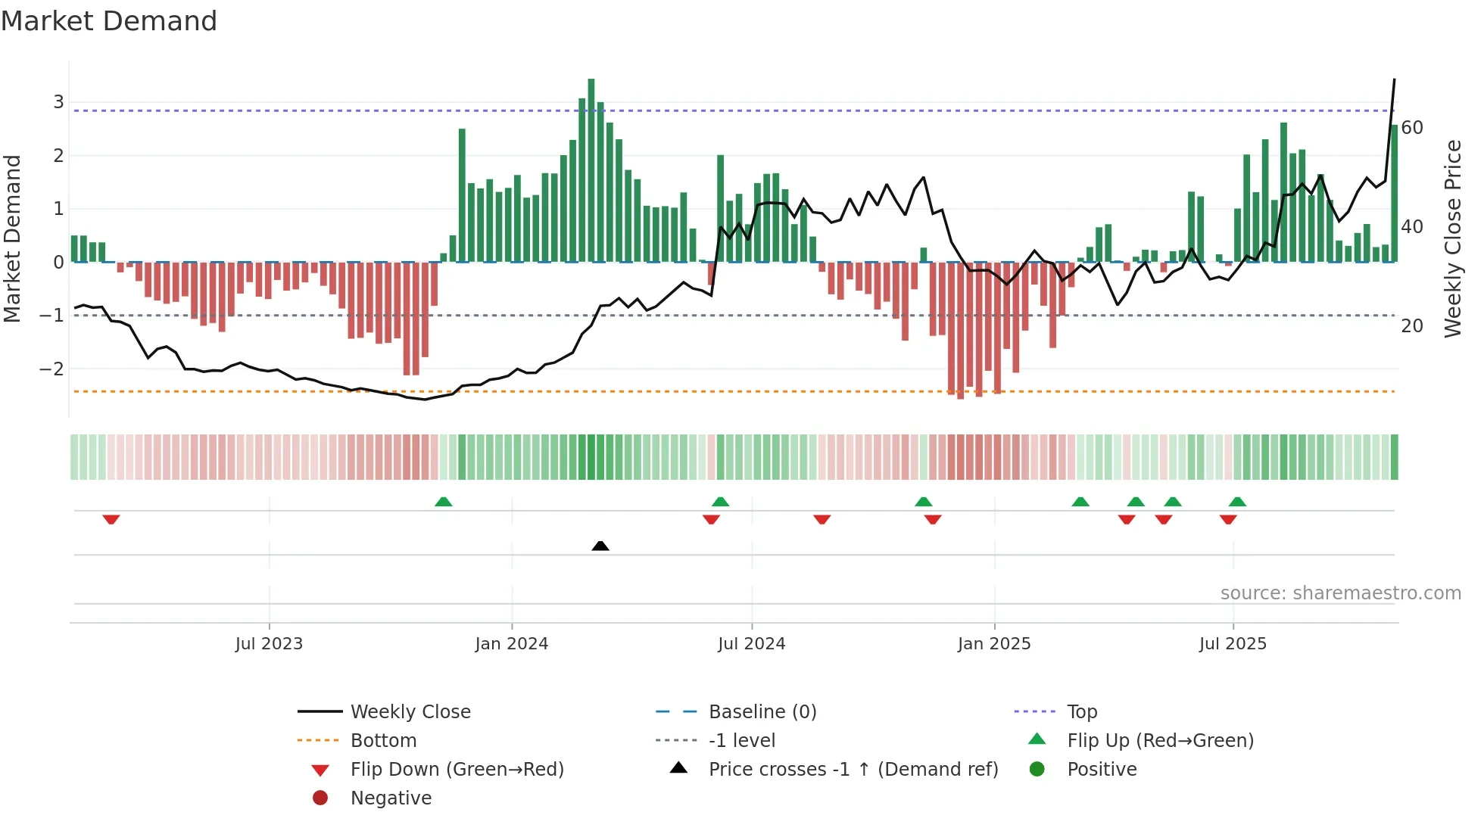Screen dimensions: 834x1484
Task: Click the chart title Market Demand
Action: click(x=109, y=21)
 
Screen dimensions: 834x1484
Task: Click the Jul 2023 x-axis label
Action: click(x=269, y=644)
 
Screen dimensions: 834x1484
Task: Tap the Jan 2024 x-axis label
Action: click(x=511, y=644)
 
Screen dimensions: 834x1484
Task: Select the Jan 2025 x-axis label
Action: click(x=993, y=644)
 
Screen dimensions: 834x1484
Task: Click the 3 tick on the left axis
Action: click(x=58, y=102)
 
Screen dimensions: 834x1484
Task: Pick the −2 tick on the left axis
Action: click(x=52, y=369)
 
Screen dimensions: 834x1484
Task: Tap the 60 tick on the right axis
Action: click(x=1412, y=128)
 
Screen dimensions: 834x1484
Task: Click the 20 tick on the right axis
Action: click(x=1412, y=326)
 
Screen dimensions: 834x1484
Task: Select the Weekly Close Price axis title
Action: click(x=1452, y=238)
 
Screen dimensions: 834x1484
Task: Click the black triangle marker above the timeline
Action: click(x=600, y=546)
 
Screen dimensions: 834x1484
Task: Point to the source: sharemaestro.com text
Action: click(x=1340, y=593)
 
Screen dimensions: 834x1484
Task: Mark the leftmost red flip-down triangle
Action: click(x=111, y=519)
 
